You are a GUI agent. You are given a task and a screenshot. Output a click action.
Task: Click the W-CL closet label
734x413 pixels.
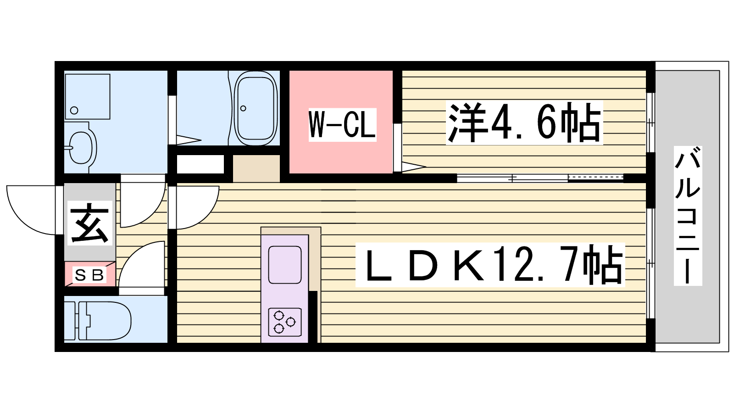[342, 125]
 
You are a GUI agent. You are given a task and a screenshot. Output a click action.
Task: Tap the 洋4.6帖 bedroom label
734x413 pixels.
[524, 123]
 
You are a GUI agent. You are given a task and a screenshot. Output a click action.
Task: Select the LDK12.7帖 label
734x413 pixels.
[490, 265]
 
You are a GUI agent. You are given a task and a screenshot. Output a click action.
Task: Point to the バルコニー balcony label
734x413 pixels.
[688, 216]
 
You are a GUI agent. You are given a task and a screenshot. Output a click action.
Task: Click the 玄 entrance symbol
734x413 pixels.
[90, 223]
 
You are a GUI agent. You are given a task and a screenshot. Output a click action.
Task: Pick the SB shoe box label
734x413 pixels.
[89, 275]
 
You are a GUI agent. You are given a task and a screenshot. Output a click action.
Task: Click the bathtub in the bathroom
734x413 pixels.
[256, 108]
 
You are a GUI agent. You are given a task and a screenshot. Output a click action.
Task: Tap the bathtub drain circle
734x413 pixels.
[243, 108]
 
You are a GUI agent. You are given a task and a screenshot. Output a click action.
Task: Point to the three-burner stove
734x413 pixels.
[285, 322]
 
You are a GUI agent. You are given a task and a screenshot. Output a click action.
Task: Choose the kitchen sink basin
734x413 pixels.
[285, 265]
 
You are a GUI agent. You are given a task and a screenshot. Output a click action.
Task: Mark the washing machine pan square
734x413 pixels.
[88, 97]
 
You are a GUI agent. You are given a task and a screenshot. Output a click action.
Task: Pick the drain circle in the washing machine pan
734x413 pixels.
[74, 110]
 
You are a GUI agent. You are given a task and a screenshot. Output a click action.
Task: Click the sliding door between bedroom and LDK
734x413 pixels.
[540, 179]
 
